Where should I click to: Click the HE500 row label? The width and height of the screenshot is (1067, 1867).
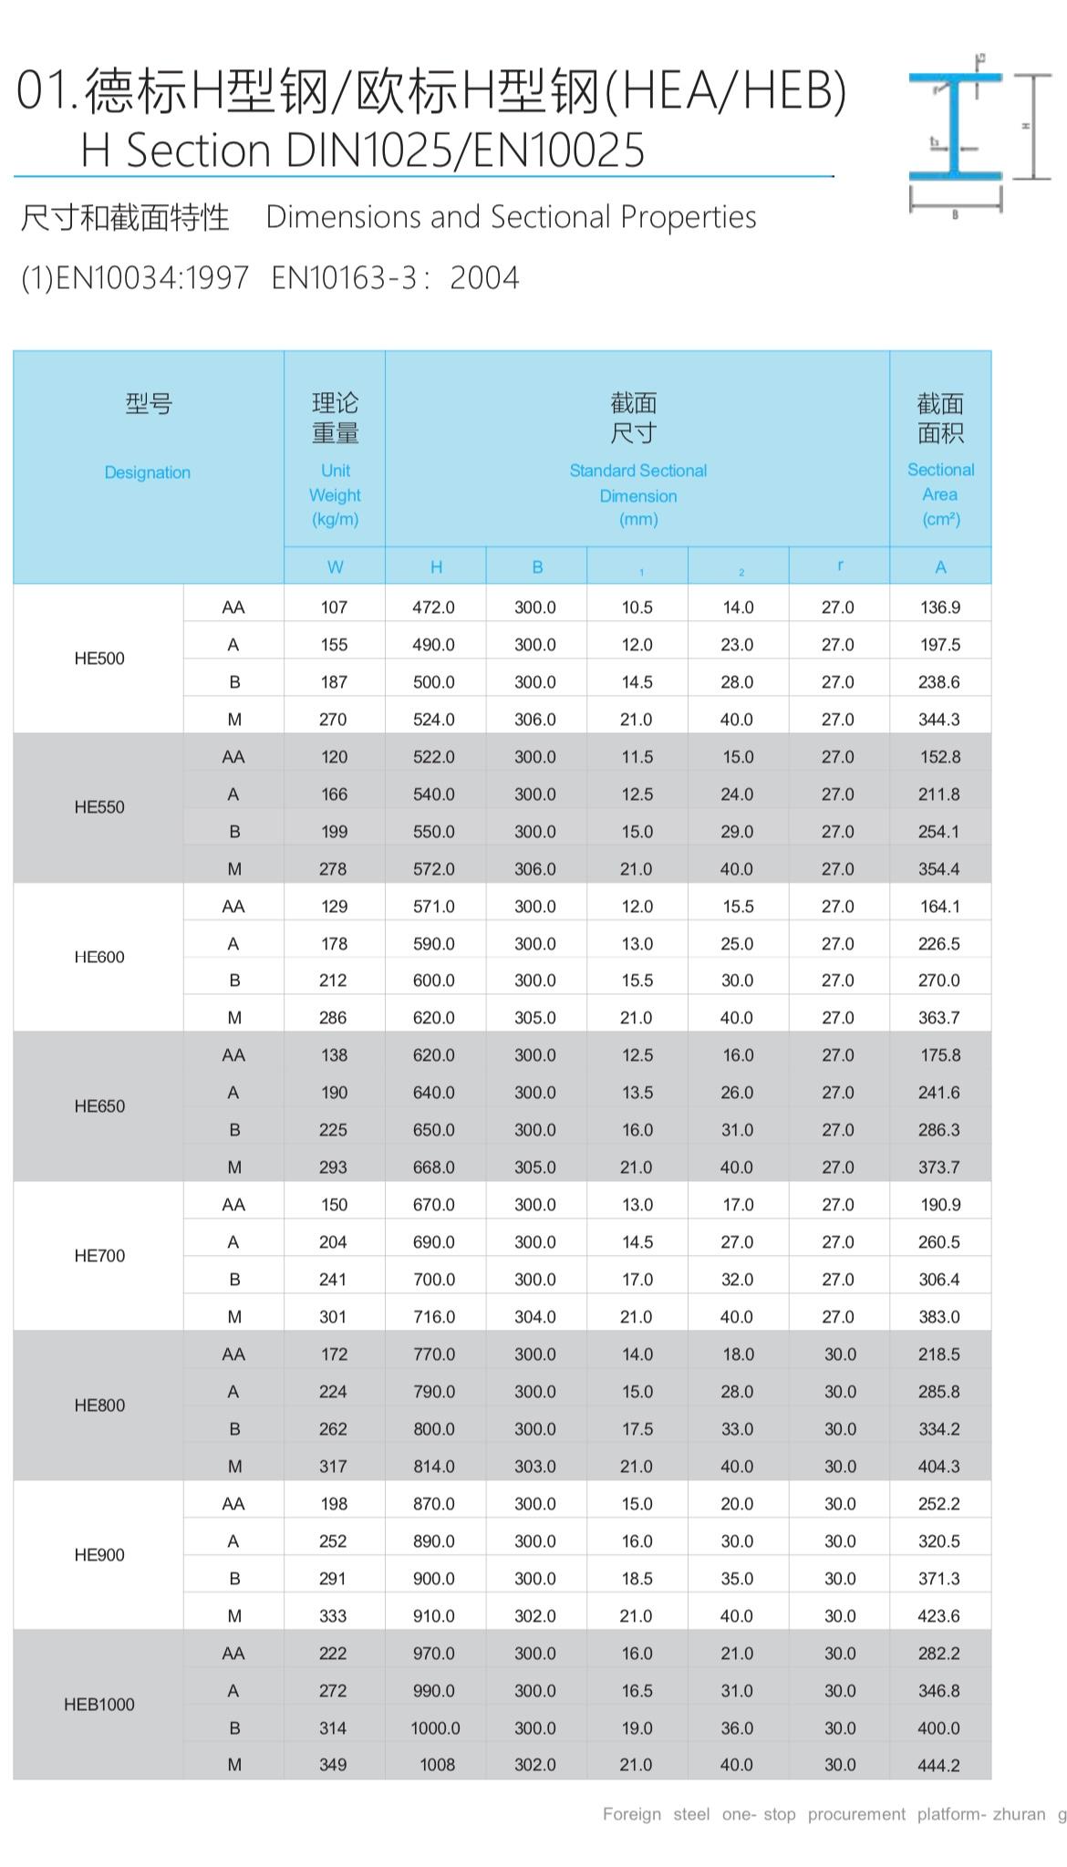point(99,659)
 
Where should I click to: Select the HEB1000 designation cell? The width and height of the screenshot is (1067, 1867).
point(99,1705)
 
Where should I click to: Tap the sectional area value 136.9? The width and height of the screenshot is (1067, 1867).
point(940,607)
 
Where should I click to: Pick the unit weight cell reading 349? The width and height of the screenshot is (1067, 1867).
point(333,1765)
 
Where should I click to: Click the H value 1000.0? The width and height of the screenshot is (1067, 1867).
point(435,1728)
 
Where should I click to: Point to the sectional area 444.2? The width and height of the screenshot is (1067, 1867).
point(939,1766)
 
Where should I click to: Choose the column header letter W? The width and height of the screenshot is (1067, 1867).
point(335,567)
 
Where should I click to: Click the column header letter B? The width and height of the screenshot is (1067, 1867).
point(537,567)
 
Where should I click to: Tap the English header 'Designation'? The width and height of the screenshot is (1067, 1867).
point(147,472)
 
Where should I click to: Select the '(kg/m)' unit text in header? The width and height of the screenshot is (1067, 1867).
point(335,520)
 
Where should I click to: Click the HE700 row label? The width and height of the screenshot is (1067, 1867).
point(99,1256)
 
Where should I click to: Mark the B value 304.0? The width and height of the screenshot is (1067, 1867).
point(535,1317)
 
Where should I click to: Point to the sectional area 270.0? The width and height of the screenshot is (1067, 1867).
point(939,980)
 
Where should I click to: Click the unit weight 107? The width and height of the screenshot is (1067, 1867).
point(334,607)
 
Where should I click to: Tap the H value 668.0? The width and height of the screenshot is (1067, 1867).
point(434,1167)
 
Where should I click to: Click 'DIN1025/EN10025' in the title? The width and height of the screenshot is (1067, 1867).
point(465,150)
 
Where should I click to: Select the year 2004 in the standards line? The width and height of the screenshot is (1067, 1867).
point(484,277)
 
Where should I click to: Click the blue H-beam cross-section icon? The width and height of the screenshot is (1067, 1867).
point(955,127)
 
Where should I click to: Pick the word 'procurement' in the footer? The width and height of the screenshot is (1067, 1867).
point(856,1814)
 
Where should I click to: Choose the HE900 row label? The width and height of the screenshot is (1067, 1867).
point(99,1555)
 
